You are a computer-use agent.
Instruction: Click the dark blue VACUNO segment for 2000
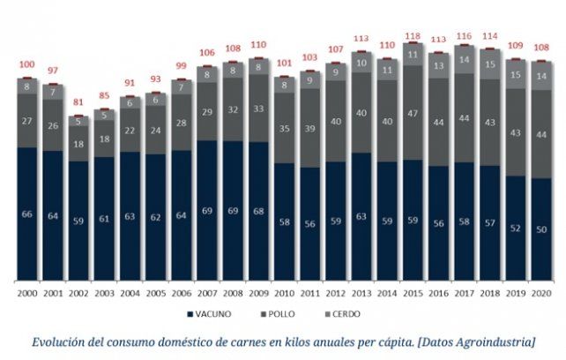pyautogui.click(x=26, y=214)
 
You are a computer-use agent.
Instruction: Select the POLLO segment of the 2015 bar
pyautogui.click(x=411, y=113)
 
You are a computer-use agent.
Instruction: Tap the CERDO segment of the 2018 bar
pyautogui.click(x=488, y=64)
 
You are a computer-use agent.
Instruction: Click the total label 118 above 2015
pyautogui.click(x=411, y=36)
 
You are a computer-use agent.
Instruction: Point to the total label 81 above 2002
pyautogui.click(x=78, y=101)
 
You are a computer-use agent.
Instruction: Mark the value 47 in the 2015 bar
pyautogui.click(x=411, y=114)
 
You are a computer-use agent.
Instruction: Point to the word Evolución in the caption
pyautogui.click(x=63, y=340)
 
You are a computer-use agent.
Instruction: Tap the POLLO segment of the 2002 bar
pyautogui.click(x=78, y=144)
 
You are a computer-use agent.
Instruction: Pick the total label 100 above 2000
pyautogui.click(x=26, y=64)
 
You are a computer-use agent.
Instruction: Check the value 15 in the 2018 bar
pyautogui.click(x=488, y=64)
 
